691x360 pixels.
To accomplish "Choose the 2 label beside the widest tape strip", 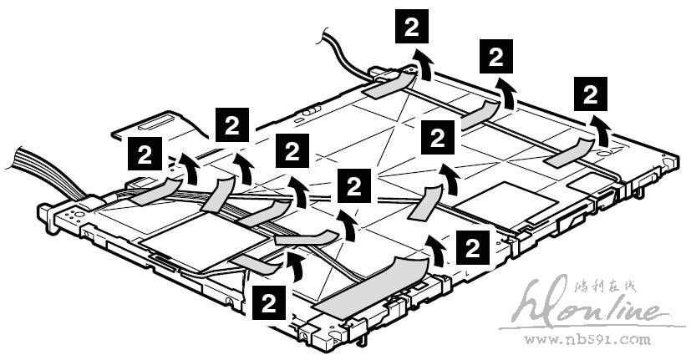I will (x=472, y=247).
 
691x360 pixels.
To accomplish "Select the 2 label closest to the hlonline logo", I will (x=472, y=247).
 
